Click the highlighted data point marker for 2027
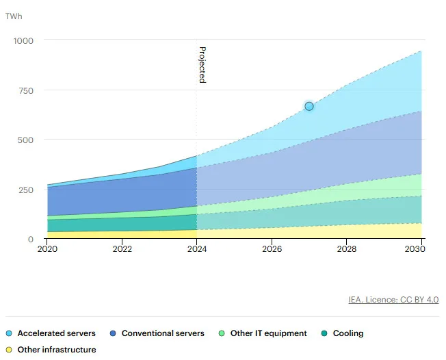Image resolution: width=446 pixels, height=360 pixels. [309, 106]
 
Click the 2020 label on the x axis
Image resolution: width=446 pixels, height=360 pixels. [47, 249]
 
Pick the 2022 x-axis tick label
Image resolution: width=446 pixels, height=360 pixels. [122, 249]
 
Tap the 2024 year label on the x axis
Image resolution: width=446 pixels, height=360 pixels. [197, 249]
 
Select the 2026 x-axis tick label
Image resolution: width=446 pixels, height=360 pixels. [272, 249]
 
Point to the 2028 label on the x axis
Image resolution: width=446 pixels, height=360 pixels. [347, 249]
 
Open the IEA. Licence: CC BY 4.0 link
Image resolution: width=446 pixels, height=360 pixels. [393, 300]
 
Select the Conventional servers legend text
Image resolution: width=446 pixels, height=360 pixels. [163, 333]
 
